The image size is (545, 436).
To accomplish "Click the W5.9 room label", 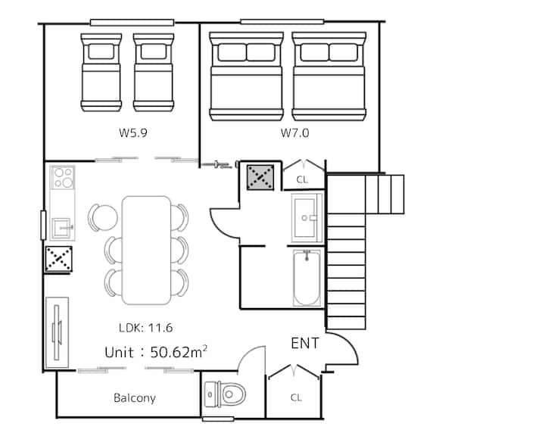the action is click(132, 132).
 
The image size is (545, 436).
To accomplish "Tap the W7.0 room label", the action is click(294, 132).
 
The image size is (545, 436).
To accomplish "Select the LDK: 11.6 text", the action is click(145, 328).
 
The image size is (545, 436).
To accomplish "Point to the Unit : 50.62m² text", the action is click(156, 352).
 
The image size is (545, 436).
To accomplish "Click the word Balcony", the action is click(135, 398).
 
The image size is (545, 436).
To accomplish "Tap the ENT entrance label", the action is click(305, 344).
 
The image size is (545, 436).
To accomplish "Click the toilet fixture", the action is click(225, 394).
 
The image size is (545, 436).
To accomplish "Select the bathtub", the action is click(307, 278).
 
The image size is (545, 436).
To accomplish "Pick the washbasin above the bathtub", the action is click(307, 218).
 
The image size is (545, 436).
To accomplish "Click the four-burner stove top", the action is click(63, 177).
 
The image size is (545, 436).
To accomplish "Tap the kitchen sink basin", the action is click(62, 228).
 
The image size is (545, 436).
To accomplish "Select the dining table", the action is click(147, 251).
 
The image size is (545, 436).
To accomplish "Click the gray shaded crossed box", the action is click(260, 177).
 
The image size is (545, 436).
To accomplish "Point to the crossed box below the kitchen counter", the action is click(59, 259).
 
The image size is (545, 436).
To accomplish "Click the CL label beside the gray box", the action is click(302, 179).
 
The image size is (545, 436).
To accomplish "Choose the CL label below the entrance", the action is click(296, 397).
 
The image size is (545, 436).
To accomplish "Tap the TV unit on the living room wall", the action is click(57, 333).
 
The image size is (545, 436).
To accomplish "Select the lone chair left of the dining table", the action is click(102, 218).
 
